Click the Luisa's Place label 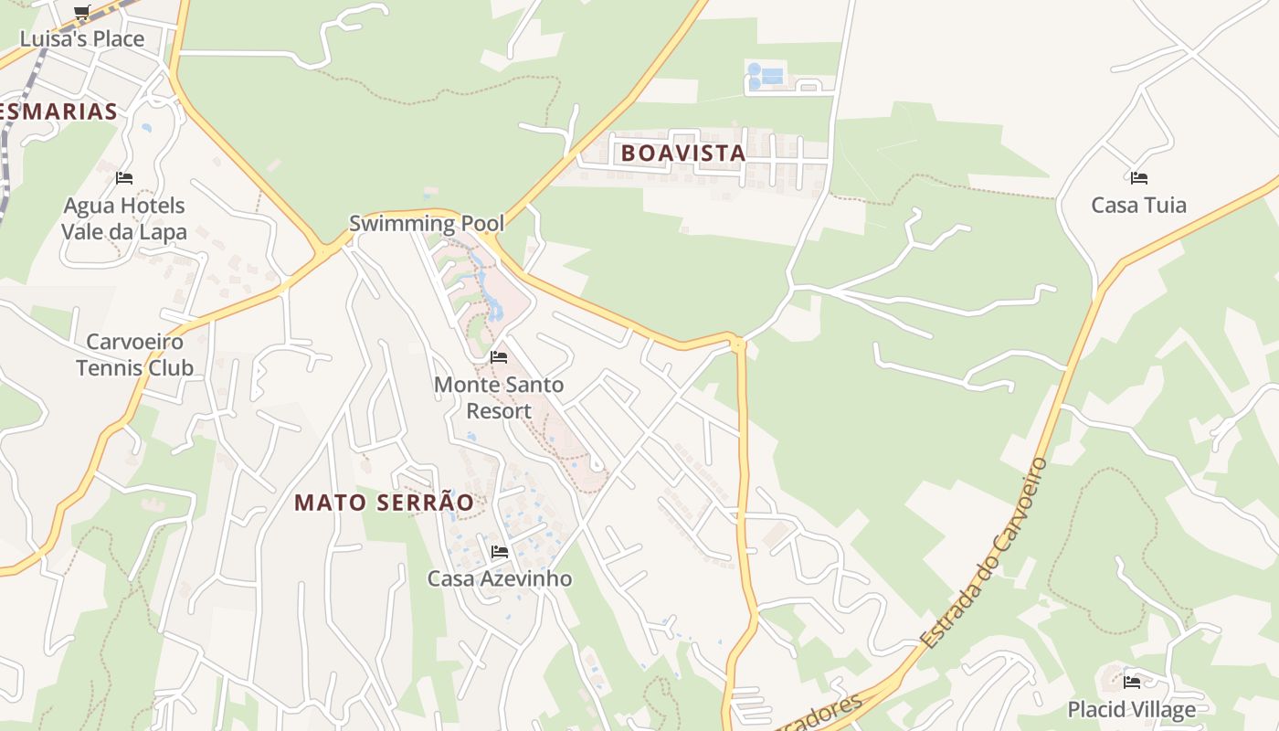[x=82, y=38]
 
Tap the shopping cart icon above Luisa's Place [x=82, y=12]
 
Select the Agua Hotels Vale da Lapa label [x=123, y=218]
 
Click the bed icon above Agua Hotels [x=124, y=177]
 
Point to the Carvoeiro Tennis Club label [x=134, y=355]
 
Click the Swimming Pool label [x=427, y=223]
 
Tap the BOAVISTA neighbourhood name [x=683, y=154]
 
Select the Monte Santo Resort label [x=499, y=397]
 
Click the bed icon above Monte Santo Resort [x=499, y=356]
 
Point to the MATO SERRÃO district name [x=385, y=503]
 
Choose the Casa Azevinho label [x=500, y=578]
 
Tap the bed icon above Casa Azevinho [x=500, y=551]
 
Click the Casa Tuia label [x=1139, y=205]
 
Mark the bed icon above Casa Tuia [x=1138, y=177]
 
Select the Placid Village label [x=1132, y=709]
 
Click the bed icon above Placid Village [x=1132, y=682]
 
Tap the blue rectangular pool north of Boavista [x=772, y=76]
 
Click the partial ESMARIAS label [x=59, y=111]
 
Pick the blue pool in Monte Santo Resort [x=494, y=306]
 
